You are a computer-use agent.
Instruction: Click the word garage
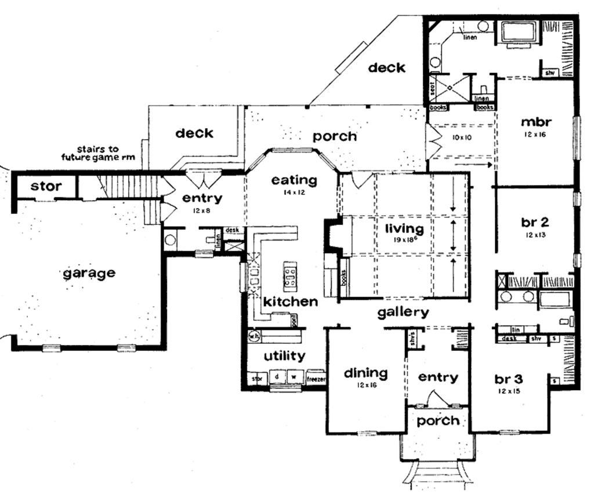click(89, 273)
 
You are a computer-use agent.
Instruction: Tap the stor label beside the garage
click(46, 186)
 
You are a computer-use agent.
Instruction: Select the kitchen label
click(290, 302)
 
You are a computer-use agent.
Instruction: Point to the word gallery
click(403, 313)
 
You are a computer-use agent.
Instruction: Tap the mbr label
click(535, 122)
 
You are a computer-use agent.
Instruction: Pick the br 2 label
click(535, 221)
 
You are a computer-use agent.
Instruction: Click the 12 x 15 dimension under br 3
click(509, 392)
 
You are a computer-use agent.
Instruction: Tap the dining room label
click(365, 372)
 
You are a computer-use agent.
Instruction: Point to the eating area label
click(294, 180)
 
